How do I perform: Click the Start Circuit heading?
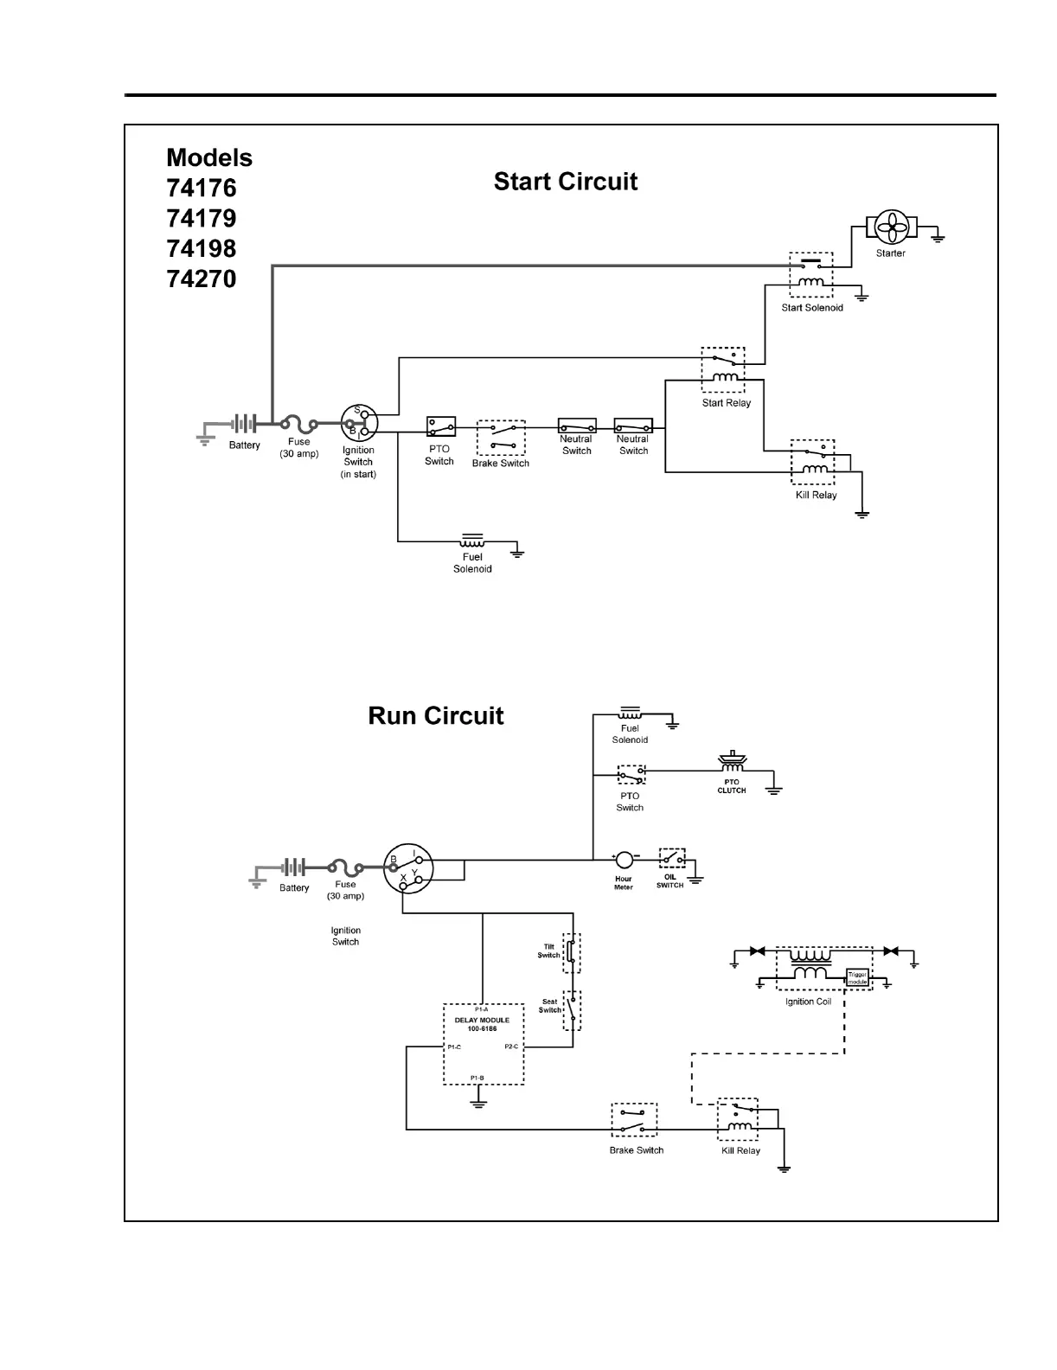(566, 182)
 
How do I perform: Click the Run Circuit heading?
(436, 716)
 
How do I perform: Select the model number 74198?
(202, 249)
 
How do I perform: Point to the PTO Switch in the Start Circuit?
(440, 426)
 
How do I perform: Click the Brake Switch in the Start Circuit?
(501, 438)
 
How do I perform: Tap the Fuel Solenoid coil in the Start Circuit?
(472, 541)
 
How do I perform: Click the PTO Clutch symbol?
(733, 764)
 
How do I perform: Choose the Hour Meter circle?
(625, 860)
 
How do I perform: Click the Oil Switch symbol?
(672, 859)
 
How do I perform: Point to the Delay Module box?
(484, 1044)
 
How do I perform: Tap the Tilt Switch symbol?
(571, 952)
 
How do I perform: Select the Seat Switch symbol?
(571, 1009)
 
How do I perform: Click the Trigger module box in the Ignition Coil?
(857, 977)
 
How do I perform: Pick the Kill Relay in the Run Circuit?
(738, 1119)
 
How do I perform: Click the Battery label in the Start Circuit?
(245, 445)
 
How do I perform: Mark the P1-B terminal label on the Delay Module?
(477, 1078)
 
